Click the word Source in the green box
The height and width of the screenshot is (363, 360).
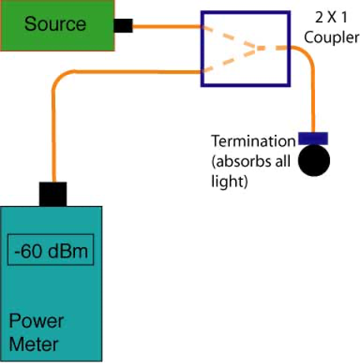coord(55,24)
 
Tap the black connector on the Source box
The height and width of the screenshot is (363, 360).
coord(123,26)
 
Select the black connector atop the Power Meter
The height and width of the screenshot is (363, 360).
coord(53,194)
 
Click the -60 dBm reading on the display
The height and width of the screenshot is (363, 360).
coord(51,251)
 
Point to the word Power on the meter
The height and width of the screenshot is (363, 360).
coord(36,321)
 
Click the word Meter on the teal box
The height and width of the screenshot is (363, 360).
coord(33,344)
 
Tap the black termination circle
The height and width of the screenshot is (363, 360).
coord(314,160)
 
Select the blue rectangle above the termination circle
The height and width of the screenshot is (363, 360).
coord(313,139)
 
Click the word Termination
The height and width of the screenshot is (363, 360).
coord(253,141)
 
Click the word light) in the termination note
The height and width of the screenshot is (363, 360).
coord(230,181)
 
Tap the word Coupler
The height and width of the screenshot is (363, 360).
coord(332,37)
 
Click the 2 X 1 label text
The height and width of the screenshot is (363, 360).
coord(332,17)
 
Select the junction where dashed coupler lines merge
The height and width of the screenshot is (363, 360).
coord(255,48)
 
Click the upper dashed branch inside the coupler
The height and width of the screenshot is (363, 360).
coord(228,37)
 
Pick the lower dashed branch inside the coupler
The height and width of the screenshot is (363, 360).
coord(228,60)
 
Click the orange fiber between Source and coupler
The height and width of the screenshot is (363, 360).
coord(167,26)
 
